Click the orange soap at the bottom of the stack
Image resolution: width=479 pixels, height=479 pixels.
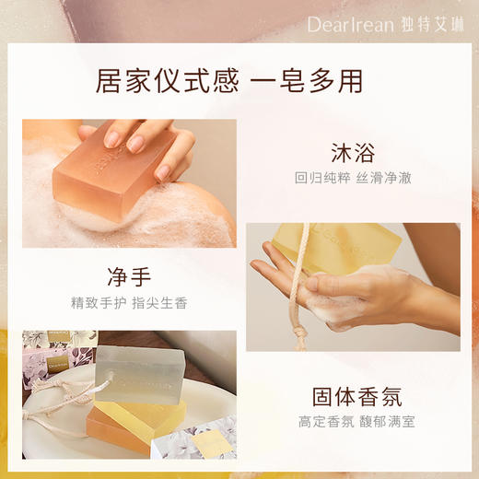(x=120, y=426)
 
